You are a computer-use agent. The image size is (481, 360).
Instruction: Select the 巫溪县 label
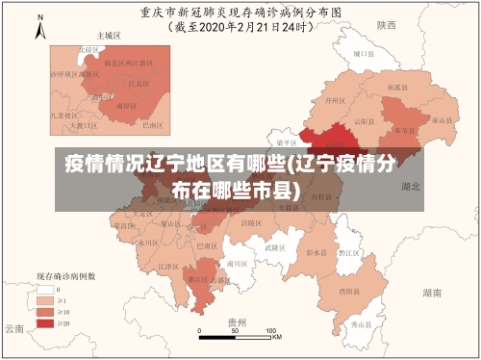395,87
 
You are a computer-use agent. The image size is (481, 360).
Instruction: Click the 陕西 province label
387,26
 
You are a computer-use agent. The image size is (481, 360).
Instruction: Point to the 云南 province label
13,328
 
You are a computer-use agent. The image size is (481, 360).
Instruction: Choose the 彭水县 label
314,252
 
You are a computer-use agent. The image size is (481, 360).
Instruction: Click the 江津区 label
168,266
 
